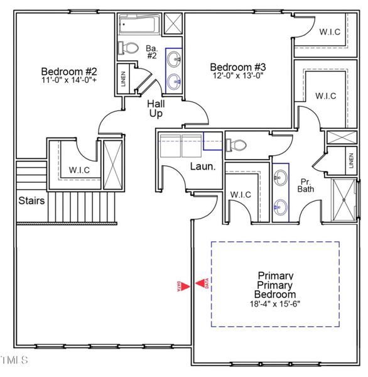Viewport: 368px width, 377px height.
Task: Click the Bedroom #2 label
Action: (68, 70)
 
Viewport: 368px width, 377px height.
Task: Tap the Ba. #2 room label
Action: (151, 52)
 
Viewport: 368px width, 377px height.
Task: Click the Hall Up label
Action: (156, 109)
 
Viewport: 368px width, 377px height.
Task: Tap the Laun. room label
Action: (203, 167)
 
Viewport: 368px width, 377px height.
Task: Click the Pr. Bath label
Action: (306, 183)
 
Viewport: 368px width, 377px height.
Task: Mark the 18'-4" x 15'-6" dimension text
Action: (274, 304)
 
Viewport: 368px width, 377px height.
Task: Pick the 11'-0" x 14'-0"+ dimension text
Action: (68, 80)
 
